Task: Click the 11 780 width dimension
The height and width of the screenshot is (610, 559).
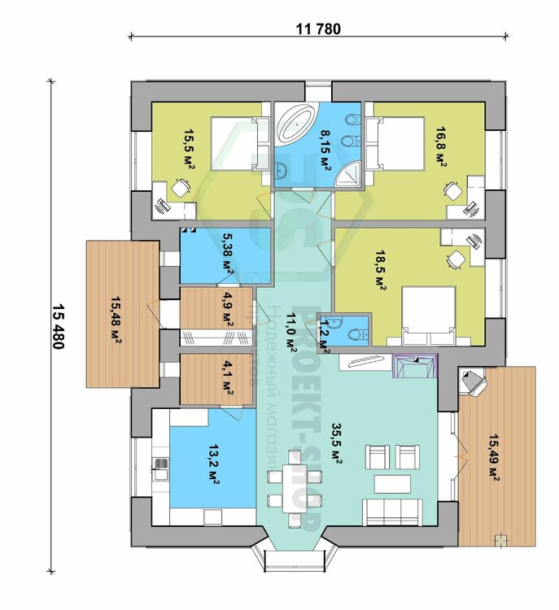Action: tap(318, 29)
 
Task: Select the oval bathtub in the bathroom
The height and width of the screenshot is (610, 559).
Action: tap(293, 124)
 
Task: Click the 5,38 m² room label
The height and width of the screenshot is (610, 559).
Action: tap(228, 255)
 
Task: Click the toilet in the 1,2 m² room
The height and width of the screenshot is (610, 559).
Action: tap(352, 332)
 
